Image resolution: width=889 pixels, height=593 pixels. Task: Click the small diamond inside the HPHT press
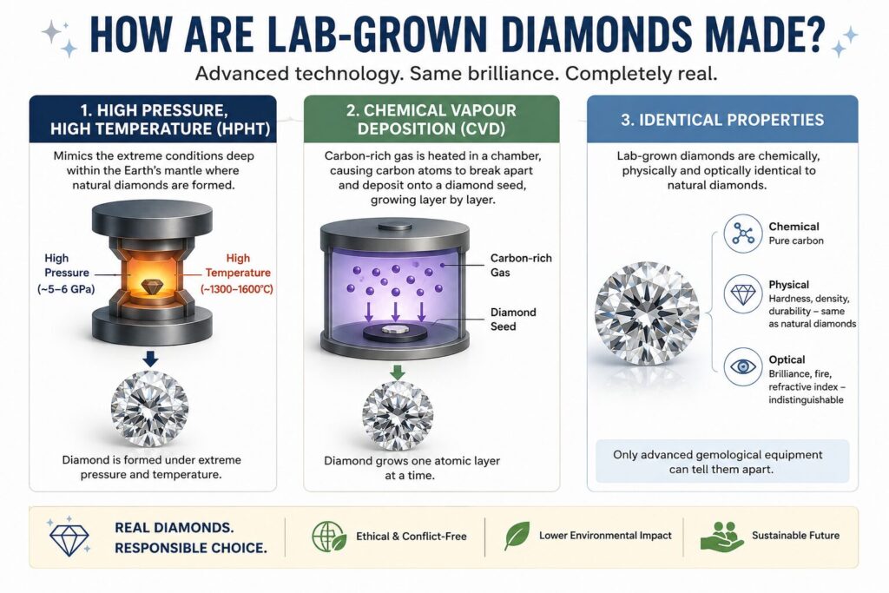151,287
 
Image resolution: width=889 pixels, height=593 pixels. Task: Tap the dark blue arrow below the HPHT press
150,359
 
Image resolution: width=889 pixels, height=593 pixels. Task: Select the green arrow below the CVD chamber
398,372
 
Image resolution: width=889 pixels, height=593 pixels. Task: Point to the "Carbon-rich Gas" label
521,266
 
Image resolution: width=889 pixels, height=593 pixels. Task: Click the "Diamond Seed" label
512,320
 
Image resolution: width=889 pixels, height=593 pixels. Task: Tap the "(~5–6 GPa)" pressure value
66,289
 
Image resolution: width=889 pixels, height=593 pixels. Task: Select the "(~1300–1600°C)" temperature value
237,289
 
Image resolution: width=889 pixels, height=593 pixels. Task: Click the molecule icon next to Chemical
743,234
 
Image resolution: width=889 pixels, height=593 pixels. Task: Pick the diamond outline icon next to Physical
743,294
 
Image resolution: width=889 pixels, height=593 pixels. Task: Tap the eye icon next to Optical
743,366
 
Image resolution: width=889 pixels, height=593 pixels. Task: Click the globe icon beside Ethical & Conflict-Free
329,537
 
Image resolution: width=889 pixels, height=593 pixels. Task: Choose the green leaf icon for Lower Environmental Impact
517,536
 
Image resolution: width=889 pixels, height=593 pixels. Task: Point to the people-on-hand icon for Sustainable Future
721,537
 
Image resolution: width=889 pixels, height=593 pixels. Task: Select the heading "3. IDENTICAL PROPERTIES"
722,120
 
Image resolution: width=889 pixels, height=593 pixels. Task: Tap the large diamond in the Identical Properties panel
647,314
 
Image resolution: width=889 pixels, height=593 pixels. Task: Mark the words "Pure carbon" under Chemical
796,240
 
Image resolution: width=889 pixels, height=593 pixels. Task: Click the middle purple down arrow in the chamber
395,311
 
